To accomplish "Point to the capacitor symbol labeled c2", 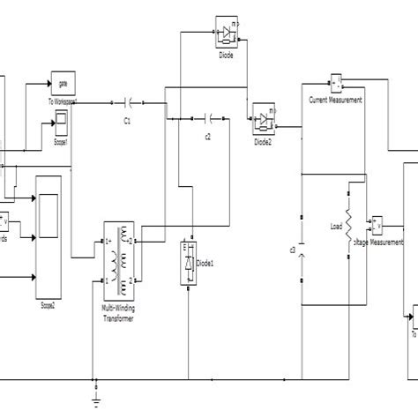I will (x=208, y=117).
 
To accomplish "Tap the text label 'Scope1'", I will (x=63, y=138).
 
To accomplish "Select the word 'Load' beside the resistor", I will (x=336, y=227).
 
